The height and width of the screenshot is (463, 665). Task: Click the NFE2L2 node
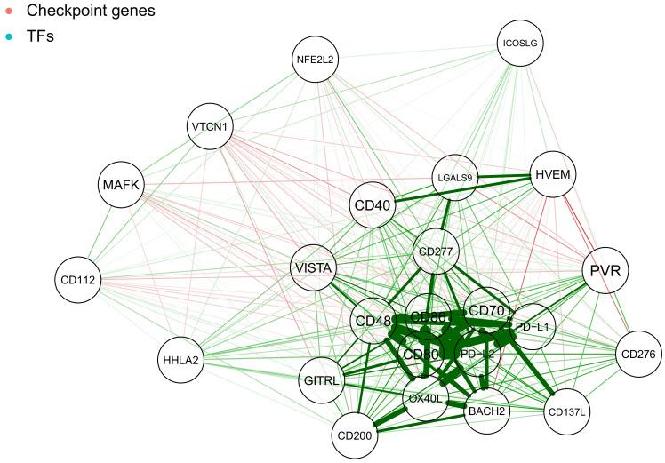[316, 60]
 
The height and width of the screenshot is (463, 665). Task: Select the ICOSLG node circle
[520, 43]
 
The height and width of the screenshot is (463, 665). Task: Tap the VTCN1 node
[211, 127]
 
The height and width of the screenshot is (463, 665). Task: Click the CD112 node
[78, 279]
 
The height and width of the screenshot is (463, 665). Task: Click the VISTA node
[316, 267]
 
